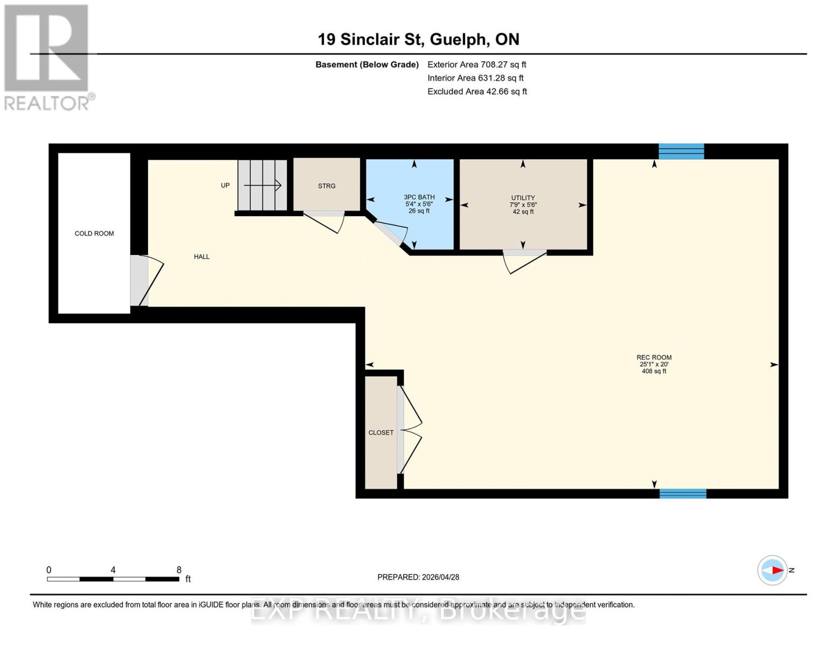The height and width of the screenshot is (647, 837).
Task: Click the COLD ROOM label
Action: tap(94, 233)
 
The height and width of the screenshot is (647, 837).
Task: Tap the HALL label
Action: tap(202, 257)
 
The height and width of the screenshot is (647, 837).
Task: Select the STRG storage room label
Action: tap(327, 186)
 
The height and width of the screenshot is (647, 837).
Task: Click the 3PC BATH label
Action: tap(419, 197)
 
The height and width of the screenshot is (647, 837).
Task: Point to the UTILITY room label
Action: tap(523, 198)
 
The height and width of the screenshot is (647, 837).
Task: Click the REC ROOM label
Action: tap(654, 357)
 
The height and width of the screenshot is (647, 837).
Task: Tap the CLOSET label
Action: tap(381, 432)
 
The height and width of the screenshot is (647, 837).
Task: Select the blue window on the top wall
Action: tap(681, 152)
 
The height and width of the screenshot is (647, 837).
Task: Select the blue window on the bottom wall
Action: tap(683, 493)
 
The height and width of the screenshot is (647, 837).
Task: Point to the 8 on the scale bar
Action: tap(179, 570)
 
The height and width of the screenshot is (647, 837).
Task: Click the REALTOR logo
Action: tap(47, 57)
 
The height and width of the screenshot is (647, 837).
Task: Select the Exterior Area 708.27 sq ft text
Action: tap(476, 64)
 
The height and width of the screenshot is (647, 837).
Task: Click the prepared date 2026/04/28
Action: tap(440, 577)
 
